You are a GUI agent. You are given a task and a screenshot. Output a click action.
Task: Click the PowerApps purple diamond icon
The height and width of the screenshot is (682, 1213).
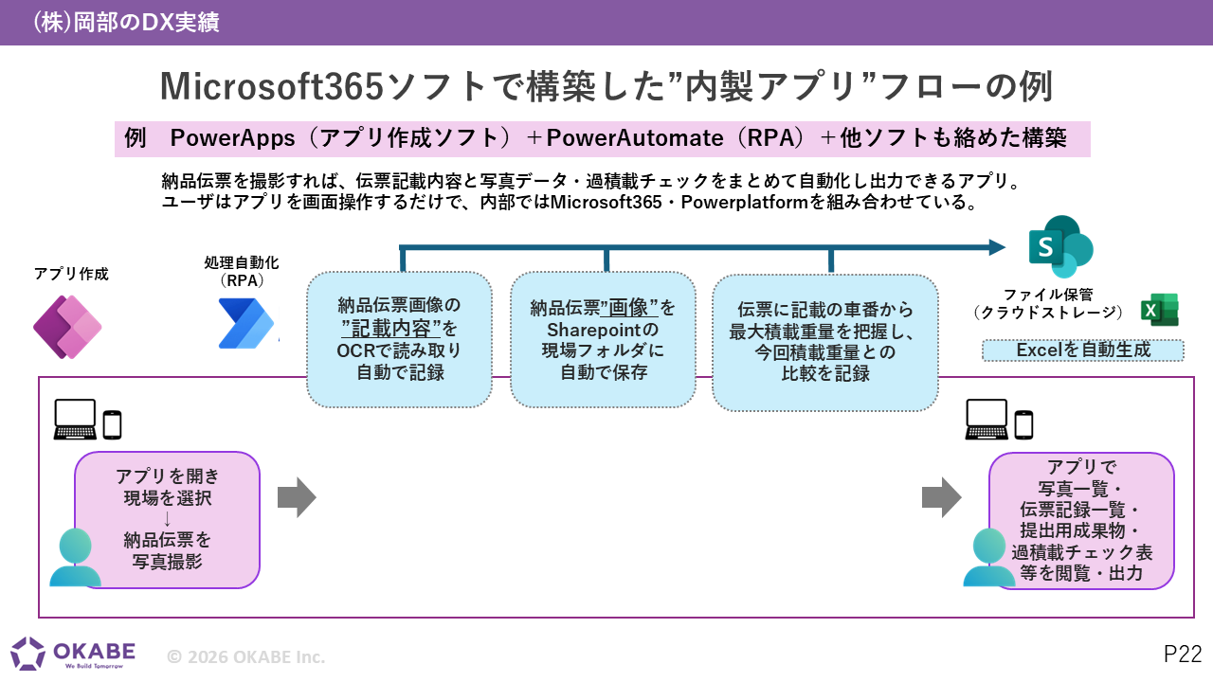click(x=67, y=327)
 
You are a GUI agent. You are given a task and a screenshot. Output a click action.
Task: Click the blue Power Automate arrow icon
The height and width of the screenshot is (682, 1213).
click(x=246, y=323)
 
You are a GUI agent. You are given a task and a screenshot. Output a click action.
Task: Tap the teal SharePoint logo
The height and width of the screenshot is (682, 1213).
click(x=1060, y=247)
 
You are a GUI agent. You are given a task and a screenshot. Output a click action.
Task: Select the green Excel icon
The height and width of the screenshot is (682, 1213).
click(x=1159, y=310)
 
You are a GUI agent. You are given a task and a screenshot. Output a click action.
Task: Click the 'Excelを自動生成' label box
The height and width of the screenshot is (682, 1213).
click(x=1083, y=350)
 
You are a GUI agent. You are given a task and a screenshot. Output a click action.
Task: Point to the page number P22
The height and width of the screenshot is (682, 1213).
click(x=1183, y=654)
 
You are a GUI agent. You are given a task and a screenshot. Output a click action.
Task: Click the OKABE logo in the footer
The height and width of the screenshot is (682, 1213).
click(x=73, y=653)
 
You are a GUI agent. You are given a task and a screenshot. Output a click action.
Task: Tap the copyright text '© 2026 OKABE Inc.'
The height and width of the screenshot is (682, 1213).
click(x=245, y=656)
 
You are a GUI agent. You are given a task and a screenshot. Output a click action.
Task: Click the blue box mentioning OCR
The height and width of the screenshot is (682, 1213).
click(x=400, y=339)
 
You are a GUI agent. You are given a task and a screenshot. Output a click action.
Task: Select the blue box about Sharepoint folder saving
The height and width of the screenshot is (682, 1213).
click(x=603, y=339)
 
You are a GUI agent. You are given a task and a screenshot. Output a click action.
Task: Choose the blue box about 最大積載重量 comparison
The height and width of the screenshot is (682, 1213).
click(x=824, y=342)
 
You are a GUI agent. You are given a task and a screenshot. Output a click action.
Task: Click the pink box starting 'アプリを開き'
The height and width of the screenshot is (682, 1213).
click(x=168, y=520)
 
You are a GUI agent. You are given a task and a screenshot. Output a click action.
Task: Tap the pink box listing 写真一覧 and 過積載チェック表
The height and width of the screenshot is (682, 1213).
click(x=1081, y=521)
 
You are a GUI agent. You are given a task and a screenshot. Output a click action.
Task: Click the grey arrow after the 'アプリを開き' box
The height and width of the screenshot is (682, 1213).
click(x=297, y=497)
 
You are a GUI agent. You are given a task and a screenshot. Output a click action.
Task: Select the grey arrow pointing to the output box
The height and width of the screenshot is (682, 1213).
click(x=942, y=497)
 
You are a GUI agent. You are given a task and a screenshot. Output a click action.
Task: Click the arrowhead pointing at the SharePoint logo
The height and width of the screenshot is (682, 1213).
click(x=997, y=247)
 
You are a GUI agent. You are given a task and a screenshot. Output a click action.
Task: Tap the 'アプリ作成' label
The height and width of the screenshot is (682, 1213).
click(x=71, y=274)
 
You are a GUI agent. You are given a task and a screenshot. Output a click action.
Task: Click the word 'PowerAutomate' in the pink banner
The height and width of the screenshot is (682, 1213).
click(x=635, y=138)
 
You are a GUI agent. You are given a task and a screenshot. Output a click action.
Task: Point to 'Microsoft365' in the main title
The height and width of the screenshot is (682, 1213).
click(x=272, y=86)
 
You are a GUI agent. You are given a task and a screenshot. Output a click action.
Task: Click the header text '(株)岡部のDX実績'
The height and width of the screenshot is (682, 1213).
click(x=126, y=22)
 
